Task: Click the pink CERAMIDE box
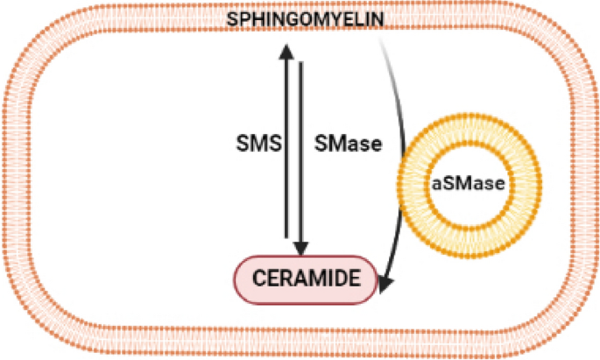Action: tap(307, 279)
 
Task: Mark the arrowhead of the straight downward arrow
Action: tap(300, 249)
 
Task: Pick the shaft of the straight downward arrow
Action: tap(300, 149)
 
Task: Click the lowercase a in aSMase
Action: tap(436, 184)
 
